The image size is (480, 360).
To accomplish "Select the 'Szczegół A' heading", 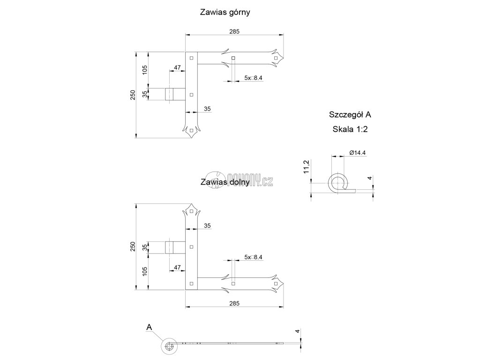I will tap(351, 114).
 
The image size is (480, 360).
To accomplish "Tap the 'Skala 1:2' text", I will tap(351, 130).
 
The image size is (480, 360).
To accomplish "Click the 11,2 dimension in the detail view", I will tap(306, 166).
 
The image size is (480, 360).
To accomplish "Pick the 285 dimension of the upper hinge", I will tap(235, 31).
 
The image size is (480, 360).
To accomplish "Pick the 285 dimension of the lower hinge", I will tap(235, 303).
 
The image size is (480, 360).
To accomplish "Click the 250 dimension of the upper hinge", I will tap(133, 94).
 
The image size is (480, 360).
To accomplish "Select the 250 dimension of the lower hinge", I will tap(133, 247).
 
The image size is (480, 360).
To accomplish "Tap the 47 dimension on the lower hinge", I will tap(177, 267).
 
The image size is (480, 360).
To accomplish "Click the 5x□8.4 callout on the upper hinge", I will tap(253, 78).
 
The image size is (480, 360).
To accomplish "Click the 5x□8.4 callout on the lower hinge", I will tap(253, 257).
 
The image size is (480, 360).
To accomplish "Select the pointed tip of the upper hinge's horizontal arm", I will tap(282, 58).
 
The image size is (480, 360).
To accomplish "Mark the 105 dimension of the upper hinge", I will tap(145, 70).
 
